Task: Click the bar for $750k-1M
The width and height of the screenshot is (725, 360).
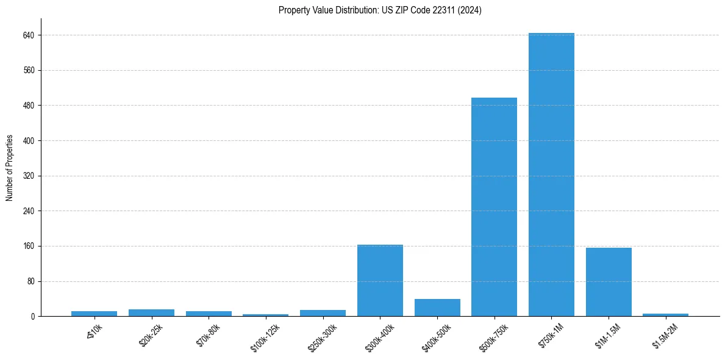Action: coord(551,175)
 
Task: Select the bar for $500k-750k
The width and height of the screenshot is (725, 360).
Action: coord(494,207)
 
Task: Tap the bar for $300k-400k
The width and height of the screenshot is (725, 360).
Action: coord(380,281)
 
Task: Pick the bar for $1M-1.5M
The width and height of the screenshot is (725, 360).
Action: coord(609,282)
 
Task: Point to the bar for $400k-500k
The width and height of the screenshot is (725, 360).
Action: coord(437,308)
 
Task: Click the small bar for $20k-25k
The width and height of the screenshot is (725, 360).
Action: coord(151,313)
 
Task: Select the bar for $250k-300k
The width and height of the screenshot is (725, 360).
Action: coord(323,313)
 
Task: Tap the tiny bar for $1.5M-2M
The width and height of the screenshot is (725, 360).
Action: coord(665,315)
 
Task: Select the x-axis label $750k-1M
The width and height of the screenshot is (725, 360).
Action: coord(551,335)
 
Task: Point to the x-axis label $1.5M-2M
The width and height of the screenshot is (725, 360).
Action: coord(665,336)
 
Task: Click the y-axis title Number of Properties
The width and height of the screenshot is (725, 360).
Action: coord(10,168)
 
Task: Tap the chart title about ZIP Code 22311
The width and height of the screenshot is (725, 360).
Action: coord(380,10)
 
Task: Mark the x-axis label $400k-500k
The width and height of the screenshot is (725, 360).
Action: coord(436,336)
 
